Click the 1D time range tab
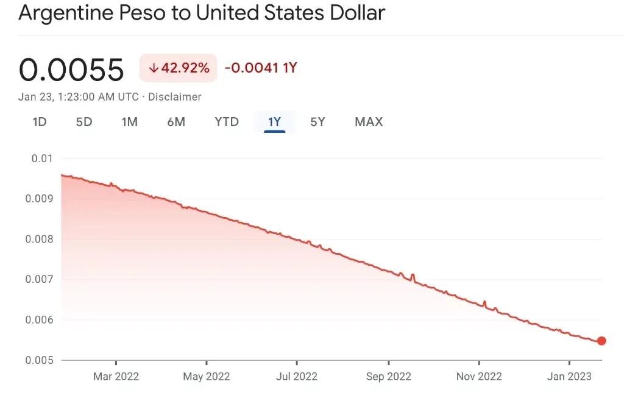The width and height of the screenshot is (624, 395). point(40,122)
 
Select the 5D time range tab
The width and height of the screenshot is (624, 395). point(84,122)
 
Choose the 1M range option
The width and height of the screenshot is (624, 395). point(130,122)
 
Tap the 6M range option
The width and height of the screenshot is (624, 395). point(176,122)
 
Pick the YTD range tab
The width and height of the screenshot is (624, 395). point(227,122)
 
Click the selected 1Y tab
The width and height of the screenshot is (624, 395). point(274,122)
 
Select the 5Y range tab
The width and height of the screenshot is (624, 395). point(317,122)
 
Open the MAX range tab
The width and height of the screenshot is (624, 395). point(369,122)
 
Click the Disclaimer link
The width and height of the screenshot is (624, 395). point(175,97)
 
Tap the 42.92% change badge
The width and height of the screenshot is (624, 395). point(179,68)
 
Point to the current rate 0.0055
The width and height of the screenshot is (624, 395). point(71,69)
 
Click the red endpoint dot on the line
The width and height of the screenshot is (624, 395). point(601,341)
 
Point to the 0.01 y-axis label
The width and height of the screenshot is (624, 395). point(42,158)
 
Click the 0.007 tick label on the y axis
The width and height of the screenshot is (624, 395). point(39,280)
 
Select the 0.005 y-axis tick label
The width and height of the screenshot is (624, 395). point(39,360)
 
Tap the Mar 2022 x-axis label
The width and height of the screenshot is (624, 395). point(116,377)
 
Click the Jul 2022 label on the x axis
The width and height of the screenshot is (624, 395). point(297,377)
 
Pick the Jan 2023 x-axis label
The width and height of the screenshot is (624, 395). point(569,377)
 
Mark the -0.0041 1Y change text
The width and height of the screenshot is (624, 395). point(261,68)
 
